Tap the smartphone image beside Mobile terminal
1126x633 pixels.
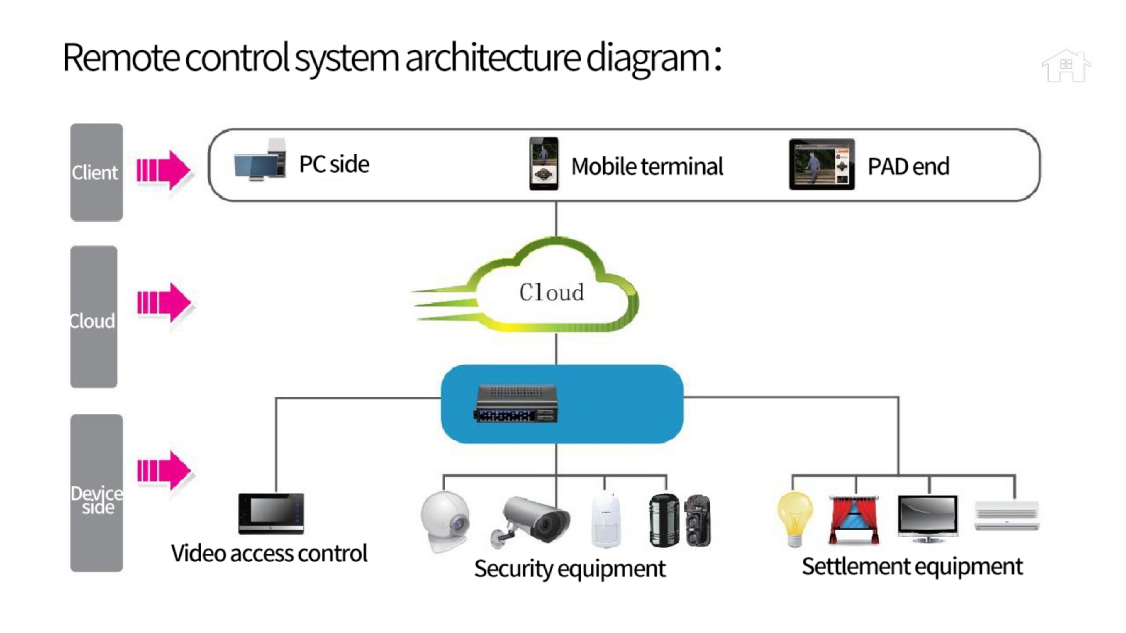(x=543, y=164)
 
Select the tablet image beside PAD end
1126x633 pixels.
(x=822, y=164)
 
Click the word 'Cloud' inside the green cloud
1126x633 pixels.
(x=551, y=292)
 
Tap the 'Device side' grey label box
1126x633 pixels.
(x=96, y=493)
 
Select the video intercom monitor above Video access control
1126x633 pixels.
(x=271, y=514)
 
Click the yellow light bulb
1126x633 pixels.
(x=795, y=518)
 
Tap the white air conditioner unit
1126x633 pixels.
(x=1007, y=516)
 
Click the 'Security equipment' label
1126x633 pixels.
(x=569, y=569)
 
